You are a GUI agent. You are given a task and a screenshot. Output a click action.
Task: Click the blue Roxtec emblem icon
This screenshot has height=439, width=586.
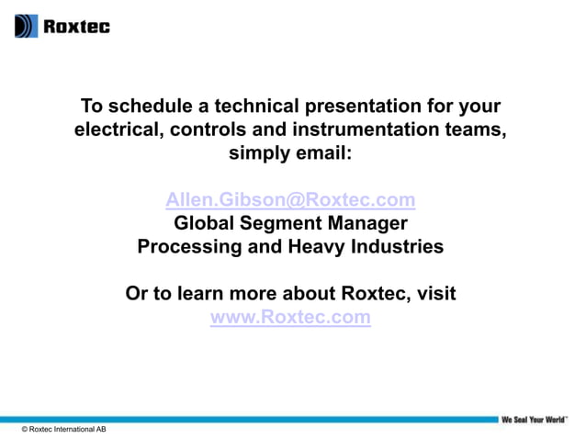[27, 26]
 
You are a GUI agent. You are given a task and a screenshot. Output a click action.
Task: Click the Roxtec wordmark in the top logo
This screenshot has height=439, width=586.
[76, 27]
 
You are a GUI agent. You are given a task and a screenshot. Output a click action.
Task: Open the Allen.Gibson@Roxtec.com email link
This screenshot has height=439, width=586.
[290, 199]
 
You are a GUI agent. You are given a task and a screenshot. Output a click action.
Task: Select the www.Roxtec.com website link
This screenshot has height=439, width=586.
[290, 318]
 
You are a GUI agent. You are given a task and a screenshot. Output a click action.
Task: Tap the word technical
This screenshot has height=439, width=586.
[236, 106]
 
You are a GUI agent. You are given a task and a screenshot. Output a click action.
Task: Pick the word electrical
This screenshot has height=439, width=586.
[117, 129]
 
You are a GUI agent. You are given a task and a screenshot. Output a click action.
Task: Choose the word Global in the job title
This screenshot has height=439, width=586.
[204, 223]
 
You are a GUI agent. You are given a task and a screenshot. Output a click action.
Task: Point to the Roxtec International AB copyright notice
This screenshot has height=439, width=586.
[63, 430]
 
